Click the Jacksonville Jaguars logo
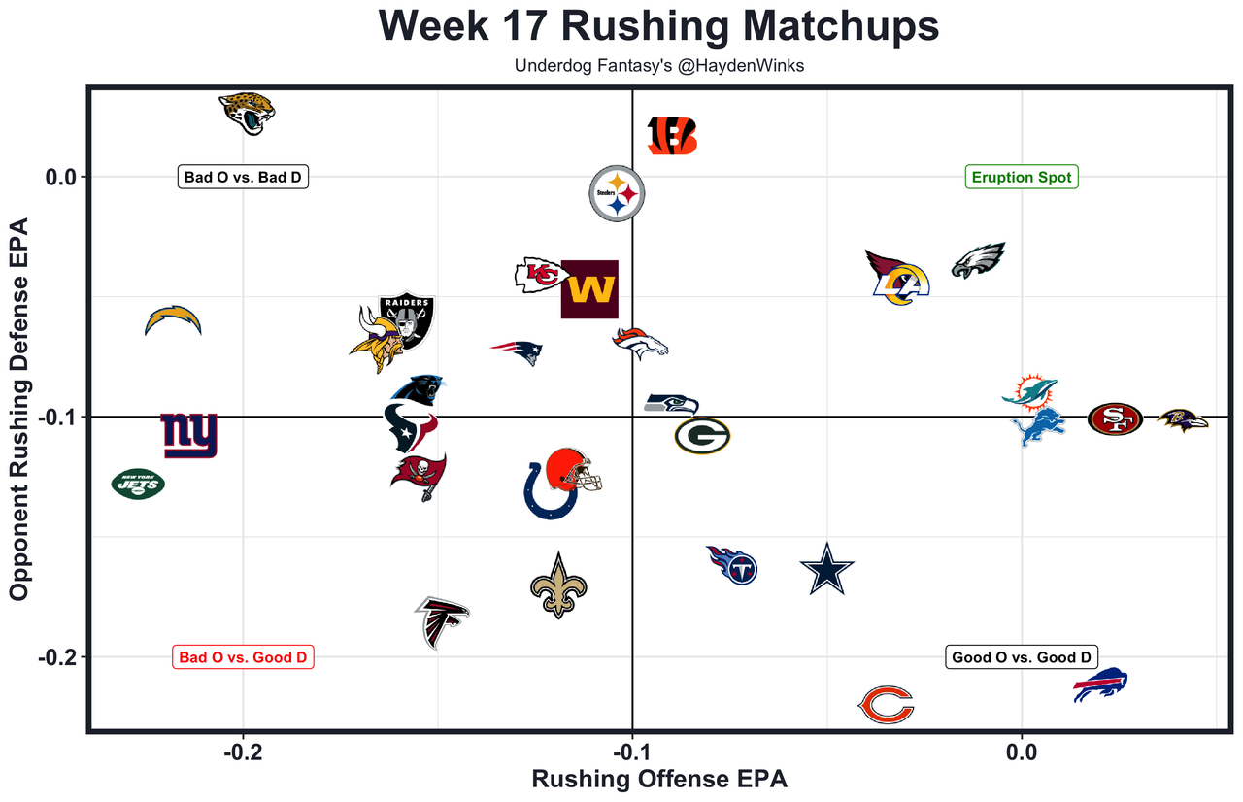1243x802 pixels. click(x=247, y=114)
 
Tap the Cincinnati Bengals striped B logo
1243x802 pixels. click(x=672, y=136)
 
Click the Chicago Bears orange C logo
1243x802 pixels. click(x=887, y=705)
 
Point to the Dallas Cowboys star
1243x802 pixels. click(x=826, y=570)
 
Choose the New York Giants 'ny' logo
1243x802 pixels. click(x=188, y=435)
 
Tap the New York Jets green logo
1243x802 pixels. click(x=138, y=484)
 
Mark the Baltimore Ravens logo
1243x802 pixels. click(x=1183, y=419)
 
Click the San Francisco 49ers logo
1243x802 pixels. click(x=1114, y=419)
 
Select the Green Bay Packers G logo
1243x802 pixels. click(x=702, y=436)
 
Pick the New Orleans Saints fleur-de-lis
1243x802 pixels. click(x=558, y=585)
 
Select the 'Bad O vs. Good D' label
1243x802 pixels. click(x=243, y=657)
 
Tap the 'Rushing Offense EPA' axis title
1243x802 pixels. click(x=658, y=779)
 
